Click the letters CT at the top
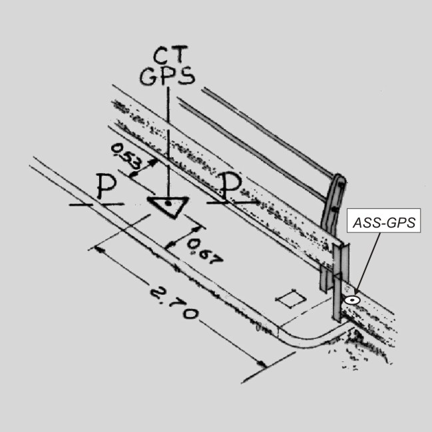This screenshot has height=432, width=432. point(170,55)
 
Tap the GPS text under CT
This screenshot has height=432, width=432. point(167,76)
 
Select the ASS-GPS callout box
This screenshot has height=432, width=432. point(383,221)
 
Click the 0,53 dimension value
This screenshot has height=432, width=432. point(126,156)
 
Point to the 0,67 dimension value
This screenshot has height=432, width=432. point(204,252)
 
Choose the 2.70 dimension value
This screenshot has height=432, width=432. point(174,303)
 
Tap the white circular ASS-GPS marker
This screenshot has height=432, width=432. point(352,300)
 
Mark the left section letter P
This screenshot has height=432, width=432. point(107,186)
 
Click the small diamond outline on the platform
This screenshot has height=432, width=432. point(291,298)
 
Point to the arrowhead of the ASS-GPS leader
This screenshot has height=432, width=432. point(356,293)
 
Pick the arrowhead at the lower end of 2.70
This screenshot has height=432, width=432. point(262,365)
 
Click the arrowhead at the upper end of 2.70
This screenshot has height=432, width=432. point(99,250)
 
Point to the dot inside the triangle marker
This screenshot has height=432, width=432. point(168,204)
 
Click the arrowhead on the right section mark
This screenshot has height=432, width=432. point(256,202)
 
